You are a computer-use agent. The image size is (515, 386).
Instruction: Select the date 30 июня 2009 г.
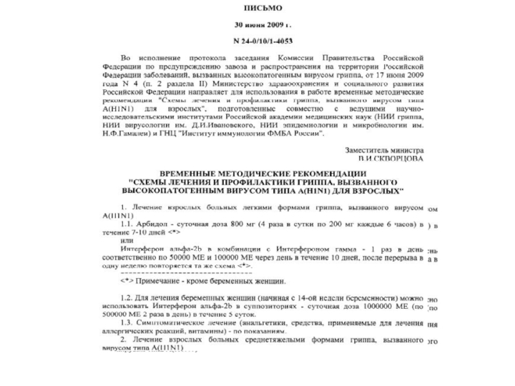tap(261, 26)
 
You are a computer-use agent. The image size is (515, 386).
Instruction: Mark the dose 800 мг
tap(242, 225)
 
